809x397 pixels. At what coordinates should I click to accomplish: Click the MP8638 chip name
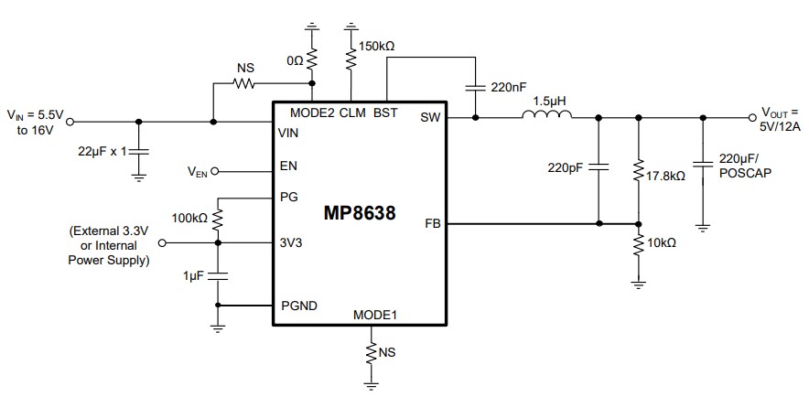[x=360, y=214]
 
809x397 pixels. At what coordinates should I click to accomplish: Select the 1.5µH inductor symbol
[x=546, y=115]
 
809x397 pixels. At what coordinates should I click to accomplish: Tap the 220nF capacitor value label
[x=510, y=88]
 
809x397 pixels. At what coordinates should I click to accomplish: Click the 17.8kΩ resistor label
[x=666, y=176]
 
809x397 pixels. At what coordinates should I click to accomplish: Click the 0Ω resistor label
[x=293, y=59]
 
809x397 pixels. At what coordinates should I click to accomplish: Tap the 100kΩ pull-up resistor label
[x=190, y=220]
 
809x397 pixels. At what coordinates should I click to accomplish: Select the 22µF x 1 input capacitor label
[x=102, y=149]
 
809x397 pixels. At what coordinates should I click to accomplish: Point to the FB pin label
[x=433, y=223]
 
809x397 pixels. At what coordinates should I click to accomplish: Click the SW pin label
[x=430, y=117]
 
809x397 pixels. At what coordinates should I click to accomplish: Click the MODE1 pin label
[x=375, y=316]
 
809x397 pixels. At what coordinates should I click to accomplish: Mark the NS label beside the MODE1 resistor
[x=388, y=351]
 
